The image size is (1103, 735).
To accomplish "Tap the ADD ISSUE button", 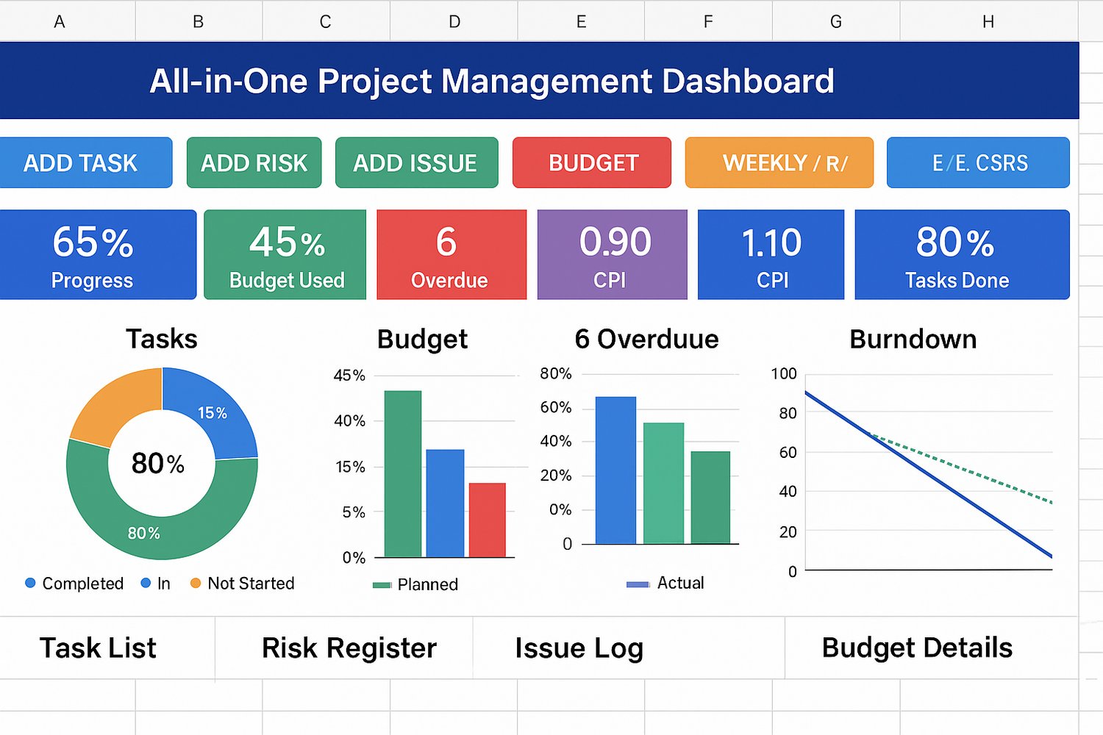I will tap(415, 162).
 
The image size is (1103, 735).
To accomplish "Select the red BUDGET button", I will tap(592, 162).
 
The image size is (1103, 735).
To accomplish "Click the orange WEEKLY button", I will tap(779, 162).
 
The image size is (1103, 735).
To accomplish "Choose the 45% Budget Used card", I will tap(285, 254).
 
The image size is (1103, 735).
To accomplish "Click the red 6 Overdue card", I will tap(451, 254).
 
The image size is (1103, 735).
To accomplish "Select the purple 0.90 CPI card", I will tap(612, 254).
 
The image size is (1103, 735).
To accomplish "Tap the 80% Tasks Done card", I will tap(961, 254).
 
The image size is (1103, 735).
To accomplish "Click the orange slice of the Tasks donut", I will tap(114, 404).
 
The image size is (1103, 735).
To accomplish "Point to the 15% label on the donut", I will tap(213, 413).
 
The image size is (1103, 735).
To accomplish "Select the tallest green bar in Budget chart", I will tap(403, 473).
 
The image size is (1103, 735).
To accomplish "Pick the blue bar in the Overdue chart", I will tap(615, 470).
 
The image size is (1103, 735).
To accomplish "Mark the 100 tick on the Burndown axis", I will tap(784, 373).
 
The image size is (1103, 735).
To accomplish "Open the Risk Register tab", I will tap(349, 648).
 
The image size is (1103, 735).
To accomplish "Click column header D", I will tap(454, 21).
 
